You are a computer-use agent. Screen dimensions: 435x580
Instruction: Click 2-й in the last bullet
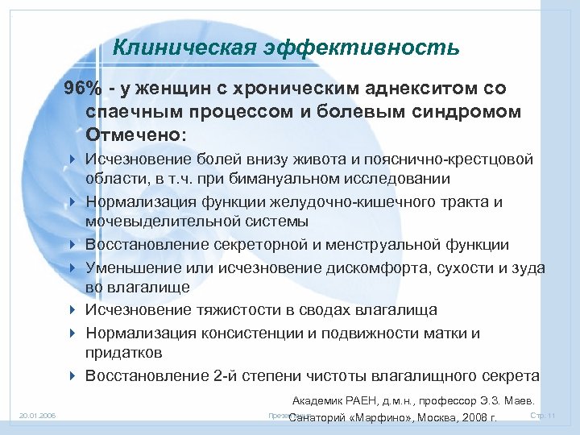coord(225,375)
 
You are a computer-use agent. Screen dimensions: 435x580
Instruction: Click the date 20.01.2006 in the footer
coord(34,416)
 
